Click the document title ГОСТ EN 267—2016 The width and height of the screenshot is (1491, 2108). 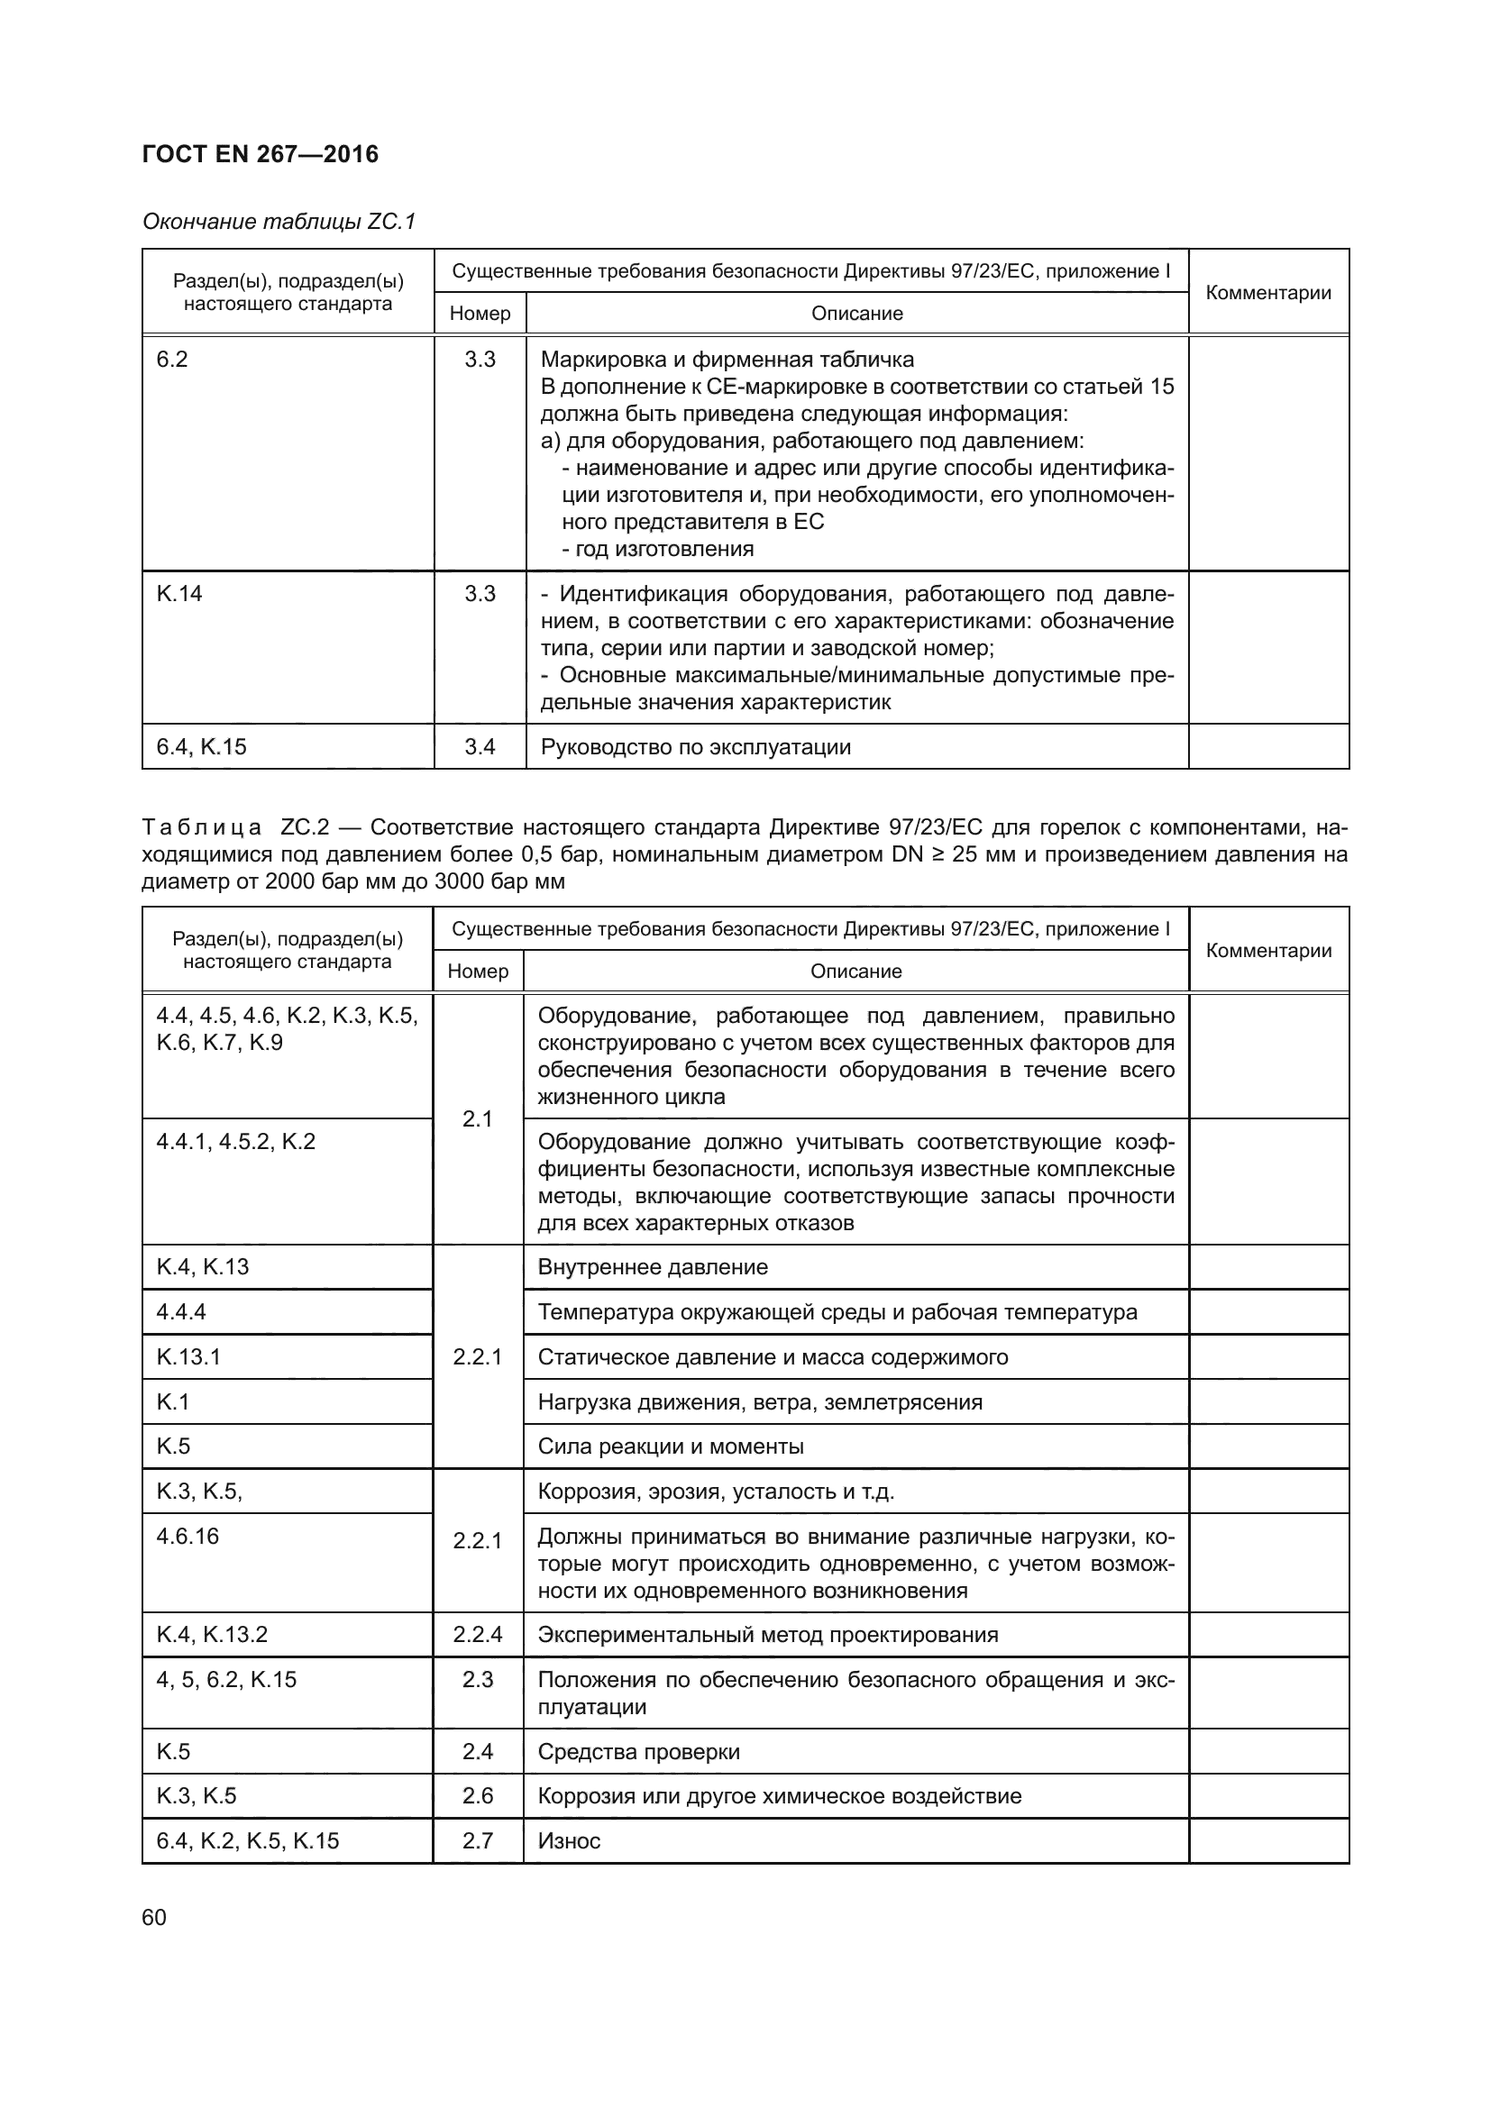pos(260,154)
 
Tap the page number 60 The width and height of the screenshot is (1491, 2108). pos(154,1917)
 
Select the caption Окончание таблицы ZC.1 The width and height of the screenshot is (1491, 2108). pos(279,222)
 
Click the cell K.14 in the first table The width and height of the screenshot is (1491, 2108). pos(179,594)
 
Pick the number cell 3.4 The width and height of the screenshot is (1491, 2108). pos(480,746)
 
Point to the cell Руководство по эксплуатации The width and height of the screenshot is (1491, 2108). pos(695,747)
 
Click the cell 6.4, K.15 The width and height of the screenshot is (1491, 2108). pos(201,746)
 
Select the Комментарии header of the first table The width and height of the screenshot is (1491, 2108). pos(1268,292)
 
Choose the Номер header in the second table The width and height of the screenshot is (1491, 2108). pos(478,972)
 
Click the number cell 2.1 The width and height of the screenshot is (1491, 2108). pos(478,1118)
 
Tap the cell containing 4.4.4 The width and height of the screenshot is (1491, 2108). pos(181,1311)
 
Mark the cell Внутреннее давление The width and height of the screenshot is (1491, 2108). pos(652,1267)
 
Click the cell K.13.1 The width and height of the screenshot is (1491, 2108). pos(188,1357)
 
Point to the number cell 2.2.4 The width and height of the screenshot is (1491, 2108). pos(478,1634)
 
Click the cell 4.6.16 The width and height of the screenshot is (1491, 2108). pos(188,1536)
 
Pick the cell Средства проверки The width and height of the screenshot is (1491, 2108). pos(638,1752)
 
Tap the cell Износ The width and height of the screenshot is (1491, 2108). pos(568,1841)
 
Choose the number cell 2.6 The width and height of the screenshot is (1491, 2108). pos(478,1796)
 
